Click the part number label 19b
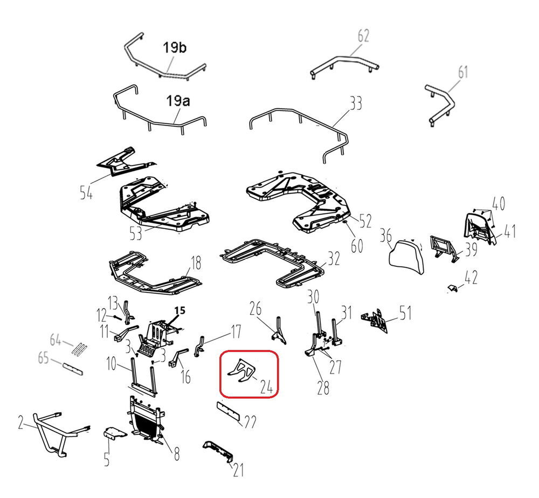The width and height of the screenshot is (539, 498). [175, 47]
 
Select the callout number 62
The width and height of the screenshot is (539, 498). [363, 36]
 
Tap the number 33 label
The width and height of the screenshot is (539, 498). [356, 103]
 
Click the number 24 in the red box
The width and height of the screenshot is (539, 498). [266, 388]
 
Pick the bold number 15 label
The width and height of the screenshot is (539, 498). [179, 310]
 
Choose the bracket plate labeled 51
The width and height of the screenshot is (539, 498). [375, 321]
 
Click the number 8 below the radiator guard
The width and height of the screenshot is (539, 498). [176, 454]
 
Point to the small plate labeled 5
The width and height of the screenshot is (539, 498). [115, 433]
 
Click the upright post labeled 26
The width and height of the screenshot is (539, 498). [279, 330]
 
